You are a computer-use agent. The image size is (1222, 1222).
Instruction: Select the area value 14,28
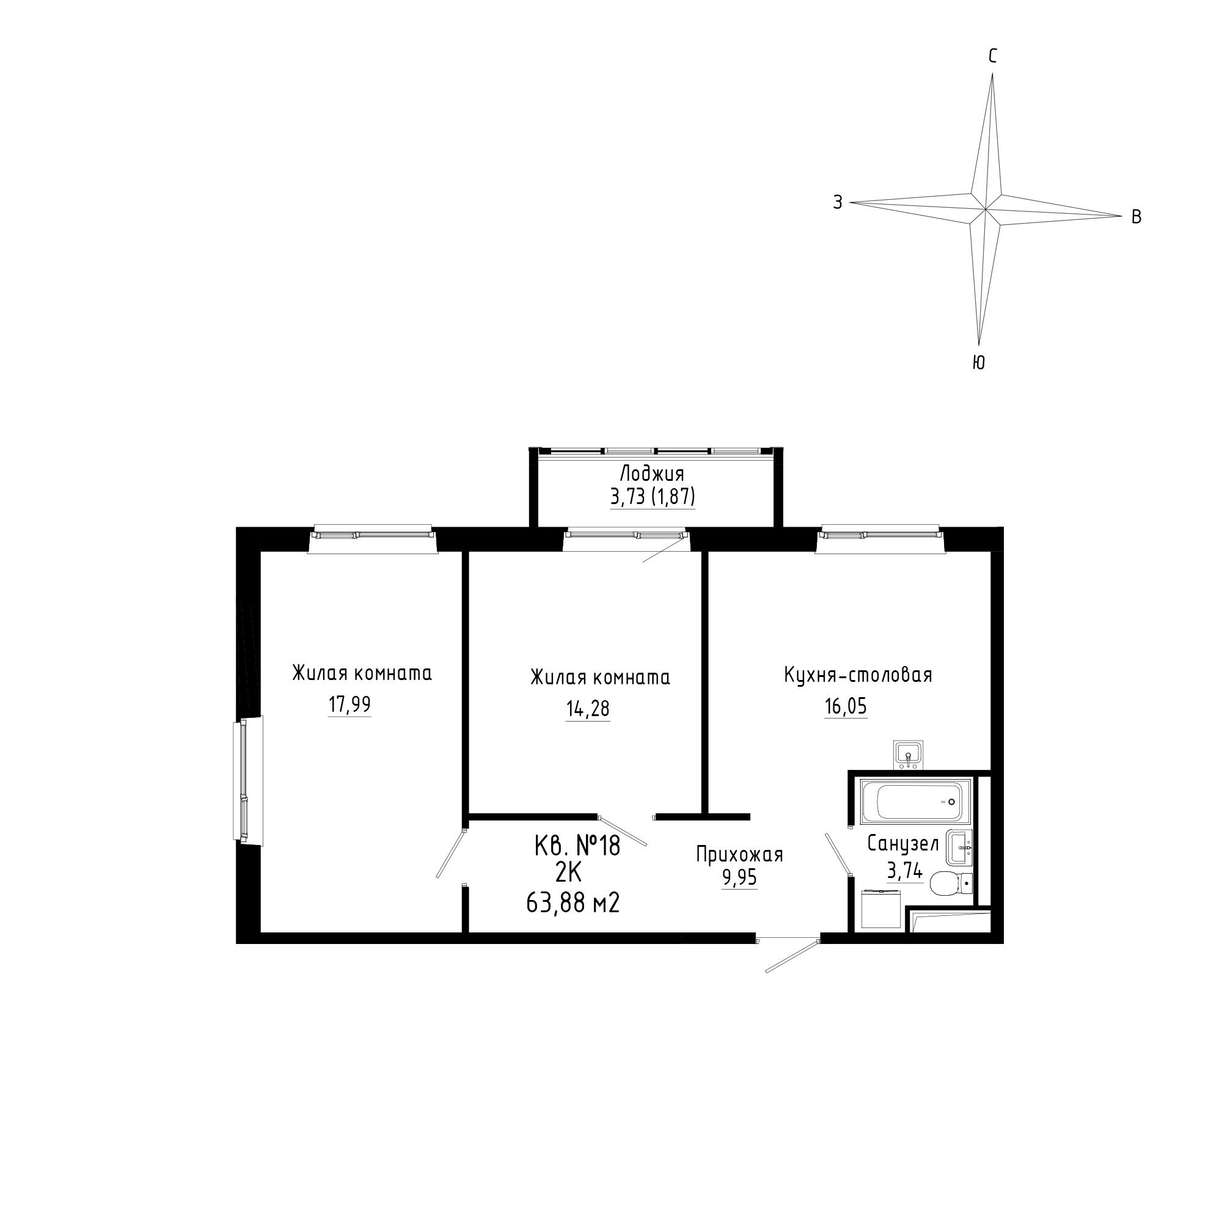pos(588,709)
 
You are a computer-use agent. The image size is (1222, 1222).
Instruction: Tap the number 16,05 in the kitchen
pos(846,706)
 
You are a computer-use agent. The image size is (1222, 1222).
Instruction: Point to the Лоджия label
pos(652,474)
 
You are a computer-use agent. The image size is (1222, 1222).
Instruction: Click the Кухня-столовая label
pos(858,675)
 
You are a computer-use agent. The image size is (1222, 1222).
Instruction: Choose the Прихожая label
pos(739,855)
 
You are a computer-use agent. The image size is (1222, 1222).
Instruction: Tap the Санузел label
pos(902,844)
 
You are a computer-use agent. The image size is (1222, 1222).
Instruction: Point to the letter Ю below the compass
pos(978,362)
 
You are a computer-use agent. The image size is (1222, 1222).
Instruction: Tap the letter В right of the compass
pos(1136,217)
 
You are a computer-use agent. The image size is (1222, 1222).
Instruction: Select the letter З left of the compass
pos(838,202)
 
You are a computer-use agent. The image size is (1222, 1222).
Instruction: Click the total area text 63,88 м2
pos(573,904)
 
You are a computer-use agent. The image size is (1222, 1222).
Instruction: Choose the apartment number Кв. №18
pos(577,846)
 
